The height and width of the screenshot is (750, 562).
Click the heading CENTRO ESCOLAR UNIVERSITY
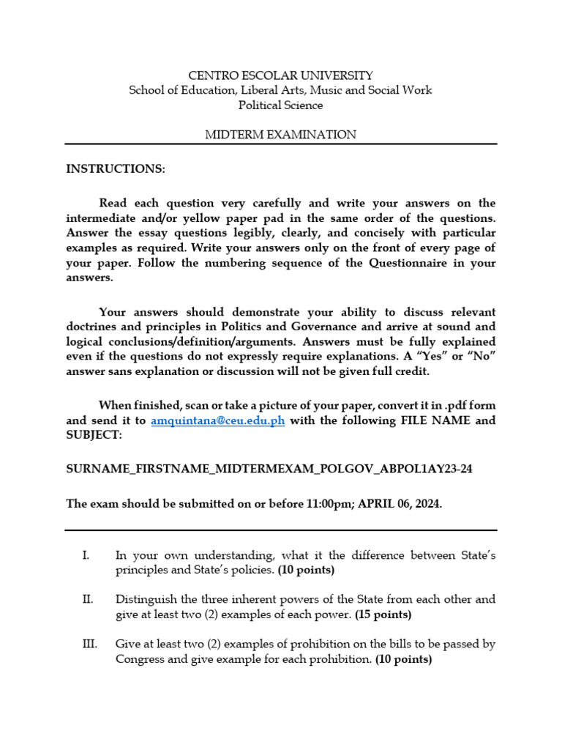(280, 75)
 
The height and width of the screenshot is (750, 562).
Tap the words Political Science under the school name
(280, 105)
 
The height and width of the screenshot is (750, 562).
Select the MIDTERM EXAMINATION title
(280, 135)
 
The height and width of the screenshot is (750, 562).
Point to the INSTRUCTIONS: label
(116, 169)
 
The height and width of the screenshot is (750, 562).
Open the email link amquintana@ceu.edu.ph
(217, 420)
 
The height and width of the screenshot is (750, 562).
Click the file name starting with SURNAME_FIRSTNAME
(269, 469)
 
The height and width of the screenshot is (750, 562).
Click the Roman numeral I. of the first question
(86, 556)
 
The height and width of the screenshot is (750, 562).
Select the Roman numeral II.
(87, 599)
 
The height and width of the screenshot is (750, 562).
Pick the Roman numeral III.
(89, 644)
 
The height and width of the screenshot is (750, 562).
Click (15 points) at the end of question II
(383, 614)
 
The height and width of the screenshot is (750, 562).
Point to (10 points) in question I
(306, 570)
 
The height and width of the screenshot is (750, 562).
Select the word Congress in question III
(140, 658)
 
